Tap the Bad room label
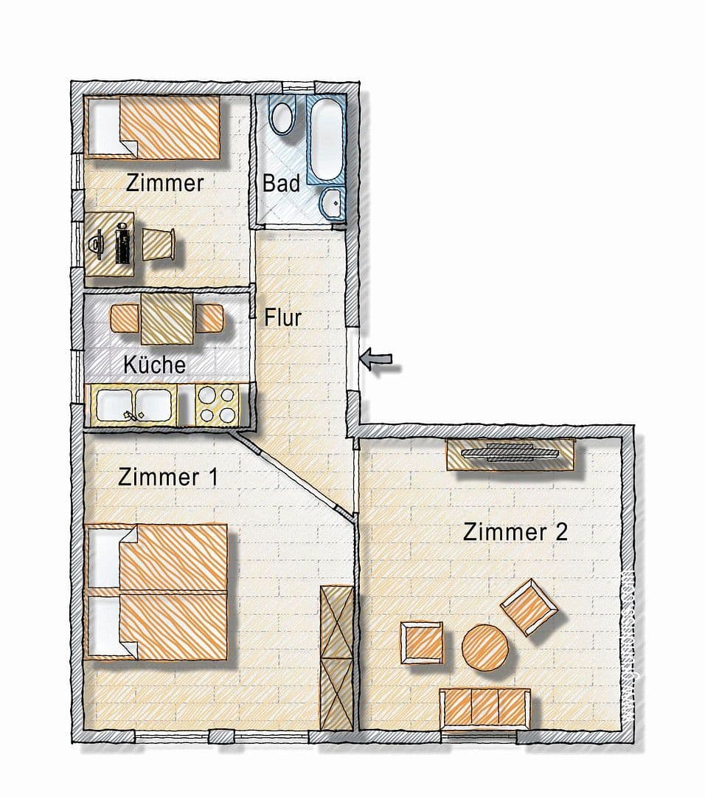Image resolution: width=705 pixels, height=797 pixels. (x=281, y=183)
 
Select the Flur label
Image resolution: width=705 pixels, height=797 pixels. (x=283, y=317)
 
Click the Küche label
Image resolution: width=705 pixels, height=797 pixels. (x=154, y=364)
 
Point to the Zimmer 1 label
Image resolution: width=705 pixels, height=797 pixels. (x=167, y=477)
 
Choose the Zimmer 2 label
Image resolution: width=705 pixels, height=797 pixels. (x=515, y=531)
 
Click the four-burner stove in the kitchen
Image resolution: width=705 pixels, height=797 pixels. (x=218, y=405)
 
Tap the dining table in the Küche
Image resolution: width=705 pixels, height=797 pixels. (x=167, y=317)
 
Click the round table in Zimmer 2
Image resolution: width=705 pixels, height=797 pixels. (x=485, y=648)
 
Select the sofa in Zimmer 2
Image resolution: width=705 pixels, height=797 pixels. (x=484, y=706)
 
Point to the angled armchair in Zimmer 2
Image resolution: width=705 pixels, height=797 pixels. (x=529, y=607)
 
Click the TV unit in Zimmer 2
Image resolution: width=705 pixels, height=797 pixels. (x=510, y=453)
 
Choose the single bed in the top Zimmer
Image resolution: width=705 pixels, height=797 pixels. (x=155, y=127)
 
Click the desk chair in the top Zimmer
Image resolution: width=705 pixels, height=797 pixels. (x=159, y=243)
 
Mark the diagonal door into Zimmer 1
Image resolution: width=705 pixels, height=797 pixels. (x=292, y=474)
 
